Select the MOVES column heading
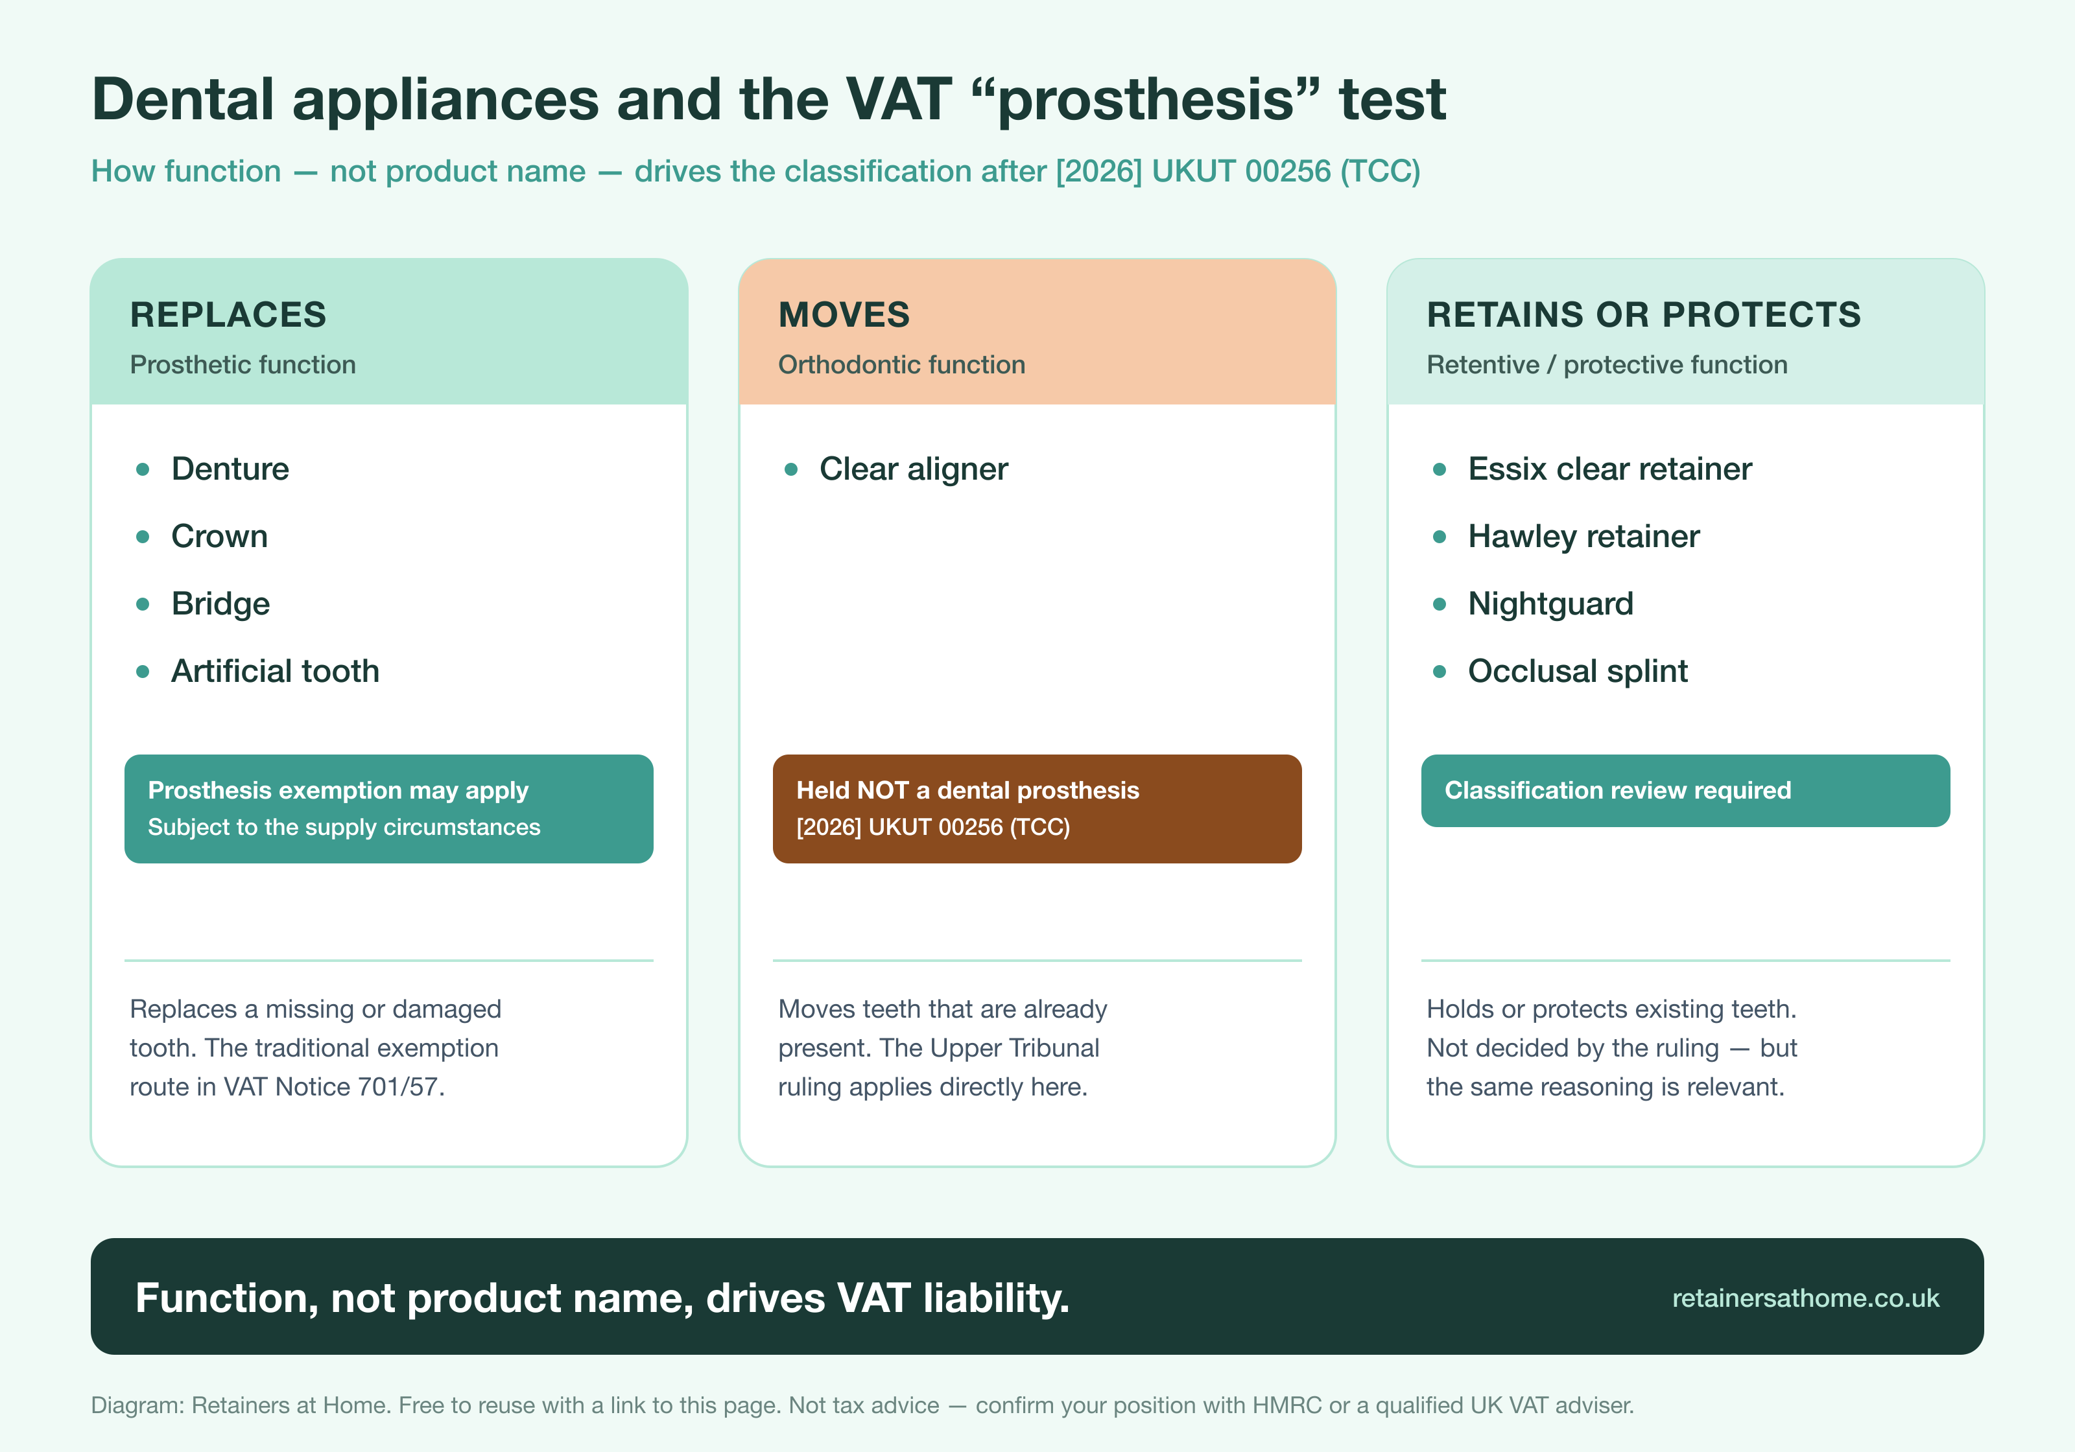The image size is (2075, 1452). (844, 314)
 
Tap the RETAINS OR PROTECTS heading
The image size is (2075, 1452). (1643, 314)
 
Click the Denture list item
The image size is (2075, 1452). (230, 469)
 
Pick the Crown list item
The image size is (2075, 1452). (220, 536)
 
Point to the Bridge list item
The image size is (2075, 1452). (220, 603)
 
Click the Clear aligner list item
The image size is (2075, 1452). (914, 469)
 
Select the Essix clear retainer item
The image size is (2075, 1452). (1609, 469)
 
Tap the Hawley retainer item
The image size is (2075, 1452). (1583, 537)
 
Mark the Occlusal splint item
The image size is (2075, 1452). (1578, 672)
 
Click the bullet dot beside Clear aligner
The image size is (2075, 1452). (791, 469)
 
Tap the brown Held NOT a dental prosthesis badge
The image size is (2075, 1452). (1037, 809)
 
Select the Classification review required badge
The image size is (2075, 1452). (1685, 791)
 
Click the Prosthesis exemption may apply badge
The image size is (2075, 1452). (388, 809)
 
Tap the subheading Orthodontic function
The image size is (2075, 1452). (902, 364)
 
